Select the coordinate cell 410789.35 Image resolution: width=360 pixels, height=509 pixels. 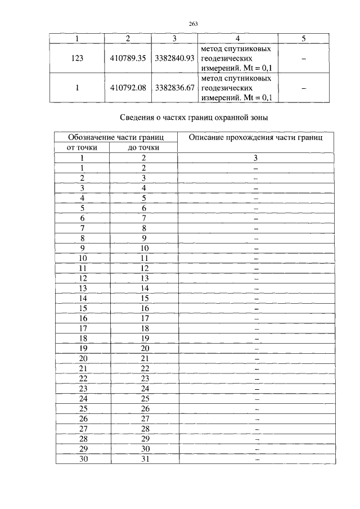128,58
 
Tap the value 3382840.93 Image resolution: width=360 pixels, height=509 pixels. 174,58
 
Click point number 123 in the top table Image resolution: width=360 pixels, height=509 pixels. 77,58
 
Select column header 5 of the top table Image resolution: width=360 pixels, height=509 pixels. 303,38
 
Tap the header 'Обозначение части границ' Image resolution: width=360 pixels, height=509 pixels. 115,138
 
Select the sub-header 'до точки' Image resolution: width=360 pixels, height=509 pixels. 143,148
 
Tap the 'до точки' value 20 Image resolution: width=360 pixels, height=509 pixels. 144,349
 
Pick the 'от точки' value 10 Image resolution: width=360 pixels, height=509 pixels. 83,258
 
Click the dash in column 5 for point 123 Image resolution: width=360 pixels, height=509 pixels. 303,58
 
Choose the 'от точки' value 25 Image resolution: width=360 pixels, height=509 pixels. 83,408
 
